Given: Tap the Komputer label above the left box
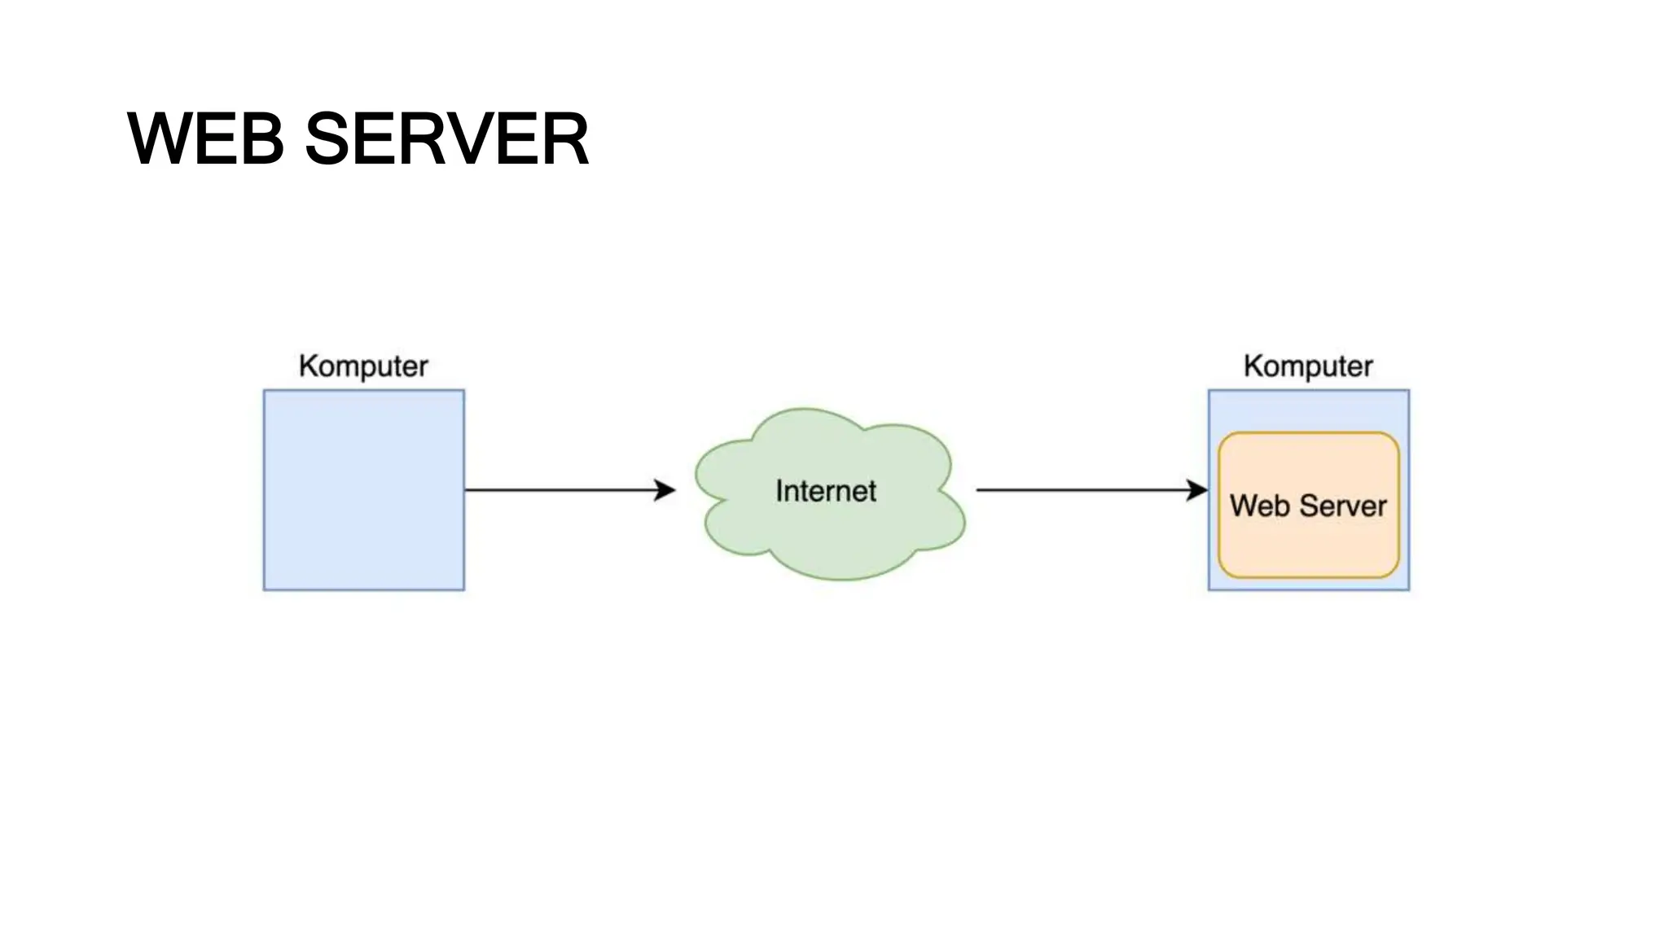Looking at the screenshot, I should tap(363, 366).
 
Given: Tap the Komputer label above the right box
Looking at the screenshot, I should tap(1308, 366).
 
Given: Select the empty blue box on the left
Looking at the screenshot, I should tap(363, 490).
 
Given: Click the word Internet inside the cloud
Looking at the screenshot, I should tap(825, 491).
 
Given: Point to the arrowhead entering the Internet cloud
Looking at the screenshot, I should tap(667, 490).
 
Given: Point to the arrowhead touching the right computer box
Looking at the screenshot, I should tap(1198, 490).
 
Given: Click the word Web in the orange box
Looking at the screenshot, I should tap(1259, 506).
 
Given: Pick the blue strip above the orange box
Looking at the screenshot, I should tap(1308, 411).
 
